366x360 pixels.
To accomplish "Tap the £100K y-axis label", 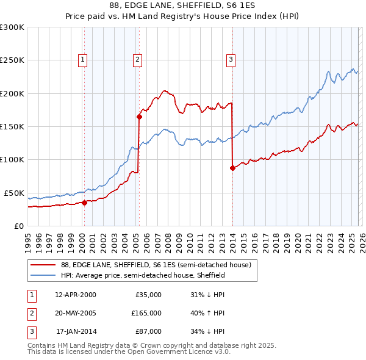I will click(12, 160).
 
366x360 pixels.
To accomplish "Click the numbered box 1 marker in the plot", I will click(83, 60).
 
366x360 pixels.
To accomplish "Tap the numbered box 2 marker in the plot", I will click(138, 60).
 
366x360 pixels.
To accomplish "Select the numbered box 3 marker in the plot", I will click(231, 60).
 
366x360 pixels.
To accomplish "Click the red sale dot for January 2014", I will click(232, 168).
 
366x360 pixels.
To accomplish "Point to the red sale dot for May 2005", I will click(140, 117).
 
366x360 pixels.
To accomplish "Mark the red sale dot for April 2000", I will click(84, 203).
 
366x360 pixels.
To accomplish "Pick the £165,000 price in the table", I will click(146, 313).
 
